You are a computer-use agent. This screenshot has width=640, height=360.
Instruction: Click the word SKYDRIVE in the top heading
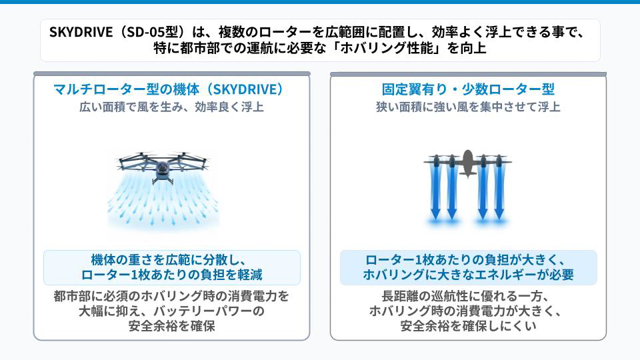pos(81,32)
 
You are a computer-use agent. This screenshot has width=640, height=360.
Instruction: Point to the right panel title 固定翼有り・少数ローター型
pos(468,89)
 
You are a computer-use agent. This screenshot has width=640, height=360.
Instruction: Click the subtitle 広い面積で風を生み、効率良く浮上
pos(171,107)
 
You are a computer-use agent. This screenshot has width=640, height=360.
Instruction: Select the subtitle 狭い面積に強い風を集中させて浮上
pos(468,107)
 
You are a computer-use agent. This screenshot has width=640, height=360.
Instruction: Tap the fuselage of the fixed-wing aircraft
pos(468,163)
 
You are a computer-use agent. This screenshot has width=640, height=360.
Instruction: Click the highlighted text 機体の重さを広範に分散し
pos(168,259)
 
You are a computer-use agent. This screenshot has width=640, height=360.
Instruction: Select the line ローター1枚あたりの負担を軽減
pos(172,275)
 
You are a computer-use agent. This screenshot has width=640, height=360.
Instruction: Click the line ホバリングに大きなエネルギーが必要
pos(468,275)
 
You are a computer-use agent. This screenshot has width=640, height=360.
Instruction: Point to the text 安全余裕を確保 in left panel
pos(172,326)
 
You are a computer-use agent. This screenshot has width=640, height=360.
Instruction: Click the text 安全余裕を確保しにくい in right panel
pos(468,326)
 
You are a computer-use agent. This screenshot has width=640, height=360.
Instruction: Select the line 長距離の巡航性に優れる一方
pos(465,296)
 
